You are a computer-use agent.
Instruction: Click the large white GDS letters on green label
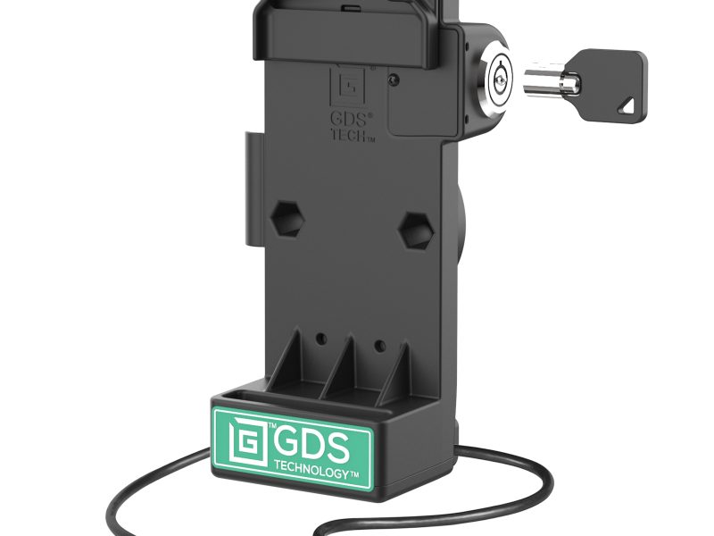pyautogui.click(x=308, y=444)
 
